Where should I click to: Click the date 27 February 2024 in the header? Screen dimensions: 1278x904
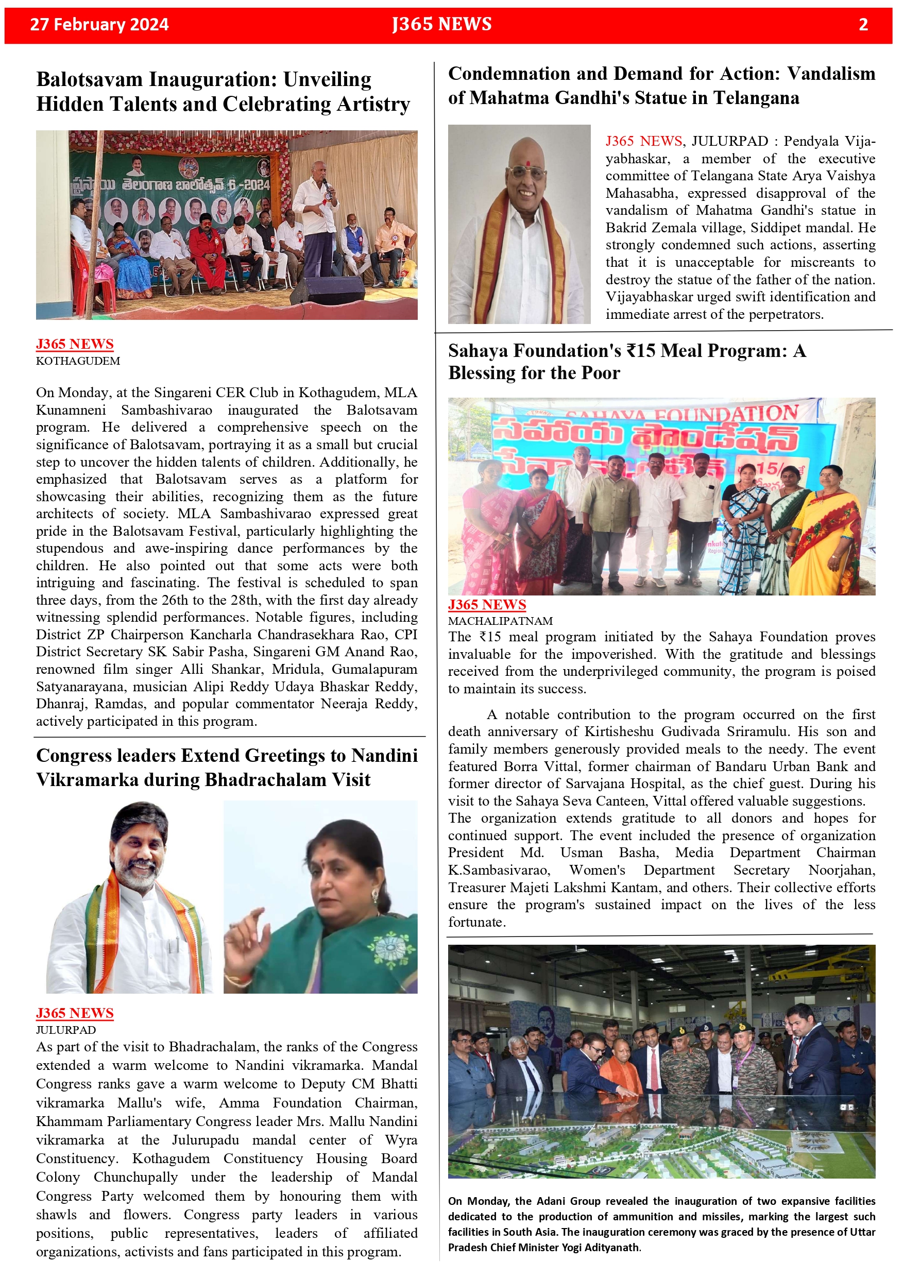99,25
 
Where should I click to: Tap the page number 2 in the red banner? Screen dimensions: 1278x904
863,25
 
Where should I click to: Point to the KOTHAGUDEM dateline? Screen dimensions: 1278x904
78,361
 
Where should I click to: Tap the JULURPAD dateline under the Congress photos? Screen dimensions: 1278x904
66,1030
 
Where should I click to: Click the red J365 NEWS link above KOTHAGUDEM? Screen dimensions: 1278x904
75,344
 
